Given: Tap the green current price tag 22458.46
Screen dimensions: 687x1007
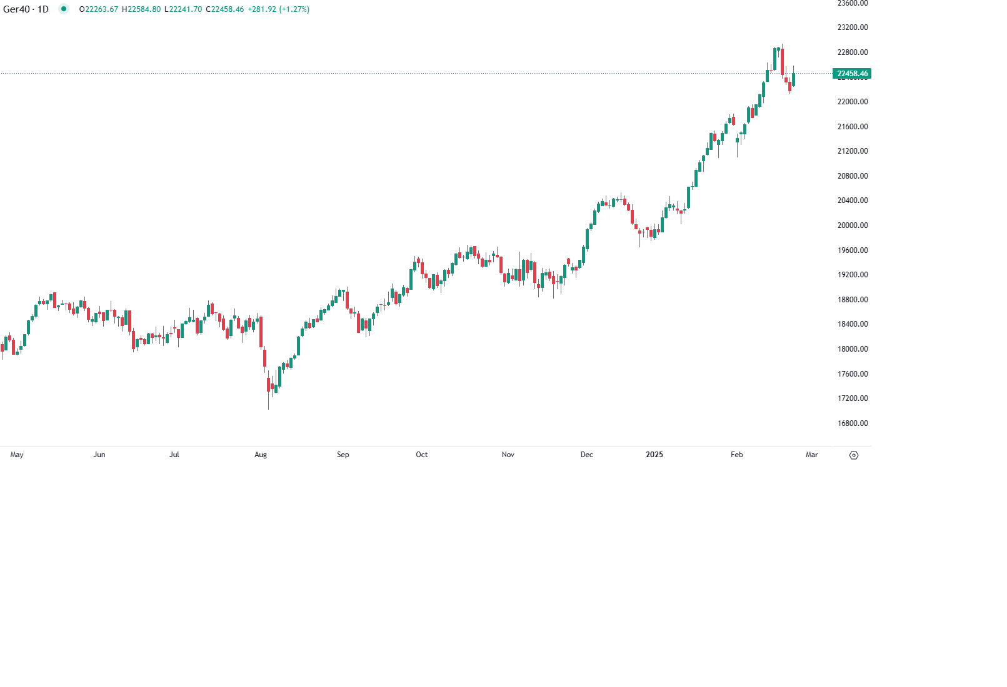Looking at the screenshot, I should [x=852, y=74].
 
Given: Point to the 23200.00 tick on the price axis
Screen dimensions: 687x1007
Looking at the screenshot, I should [x=852, y=27].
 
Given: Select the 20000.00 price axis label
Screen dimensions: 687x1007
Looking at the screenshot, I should [x=852, y=225].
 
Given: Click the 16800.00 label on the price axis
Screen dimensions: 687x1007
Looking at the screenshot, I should [x=852, y=423].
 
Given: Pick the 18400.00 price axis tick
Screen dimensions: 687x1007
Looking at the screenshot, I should [x=852, y=324].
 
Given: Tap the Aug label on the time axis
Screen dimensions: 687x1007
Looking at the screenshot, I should [x=261, y=455].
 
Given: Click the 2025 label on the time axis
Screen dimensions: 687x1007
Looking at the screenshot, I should [x=654, y=455].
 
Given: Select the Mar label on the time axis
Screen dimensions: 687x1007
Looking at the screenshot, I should [x=811, y=455].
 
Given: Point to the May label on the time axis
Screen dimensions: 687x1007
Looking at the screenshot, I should [x=17, y=455].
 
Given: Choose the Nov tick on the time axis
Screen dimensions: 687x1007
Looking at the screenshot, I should [x=508, y=455].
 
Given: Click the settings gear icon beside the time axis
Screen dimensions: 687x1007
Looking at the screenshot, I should [x=854, y=455].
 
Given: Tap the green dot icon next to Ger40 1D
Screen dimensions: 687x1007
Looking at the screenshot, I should [x=64, y=9].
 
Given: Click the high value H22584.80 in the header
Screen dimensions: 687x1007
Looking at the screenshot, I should [x=141, y=9].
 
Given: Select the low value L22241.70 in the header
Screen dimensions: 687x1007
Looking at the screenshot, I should [x=183, y=9].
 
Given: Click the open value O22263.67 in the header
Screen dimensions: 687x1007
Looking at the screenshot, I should [x=99, y=9].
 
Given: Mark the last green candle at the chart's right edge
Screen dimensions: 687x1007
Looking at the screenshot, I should [x=794, y=79].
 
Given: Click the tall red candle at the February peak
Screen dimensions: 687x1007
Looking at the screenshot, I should [x=782, y=61].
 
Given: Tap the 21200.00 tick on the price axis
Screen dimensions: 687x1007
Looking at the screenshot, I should [x=852, y=151].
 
